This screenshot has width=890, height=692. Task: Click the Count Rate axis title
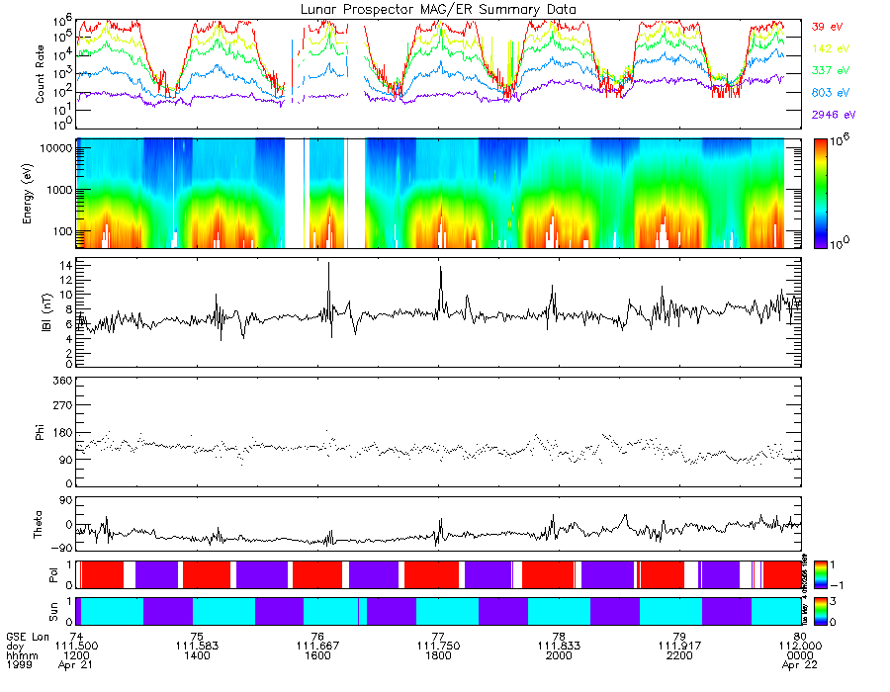41,74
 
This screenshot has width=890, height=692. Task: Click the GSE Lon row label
28,637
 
